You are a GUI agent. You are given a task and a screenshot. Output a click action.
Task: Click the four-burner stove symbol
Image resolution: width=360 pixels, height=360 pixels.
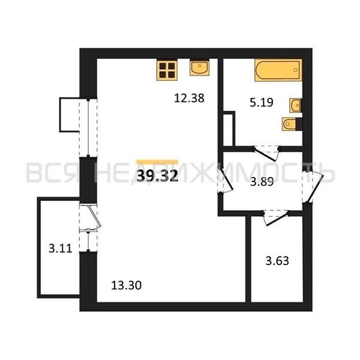click(167, 70)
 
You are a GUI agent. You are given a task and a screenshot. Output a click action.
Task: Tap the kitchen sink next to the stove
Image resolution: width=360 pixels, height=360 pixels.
click(199, 68)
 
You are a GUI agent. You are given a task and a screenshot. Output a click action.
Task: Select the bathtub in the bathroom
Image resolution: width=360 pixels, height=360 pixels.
click(279, 70)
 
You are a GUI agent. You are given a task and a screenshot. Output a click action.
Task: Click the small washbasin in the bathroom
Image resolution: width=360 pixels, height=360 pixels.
click(295, 105)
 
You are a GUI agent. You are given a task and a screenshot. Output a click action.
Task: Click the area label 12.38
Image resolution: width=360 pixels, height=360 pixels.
click(189, 98)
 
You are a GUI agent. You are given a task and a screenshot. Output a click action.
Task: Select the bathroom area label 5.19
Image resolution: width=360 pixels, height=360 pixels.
click(261, 103)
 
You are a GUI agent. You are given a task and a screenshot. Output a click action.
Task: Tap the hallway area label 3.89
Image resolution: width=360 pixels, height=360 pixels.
click(262, 182)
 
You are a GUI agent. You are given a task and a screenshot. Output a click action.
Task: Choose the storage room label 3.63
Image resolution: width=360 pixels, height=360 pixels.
click(277, 261)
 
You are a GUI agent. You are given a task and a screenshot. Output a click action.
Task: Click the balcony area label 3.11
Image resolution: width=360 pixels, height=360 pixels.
click(60, 248)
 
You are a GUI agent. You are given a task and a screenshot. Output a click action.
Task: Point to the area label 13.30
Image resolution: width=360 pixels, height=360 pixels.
click(126, 286)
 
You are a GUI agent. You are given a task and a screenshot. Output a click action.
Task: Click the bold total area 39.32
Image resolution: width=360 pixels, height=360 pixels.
click(158, 176)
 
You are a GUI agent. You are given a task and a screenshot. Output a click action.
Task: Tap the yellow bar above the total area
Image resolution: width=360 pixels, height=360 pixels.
click(157, 162)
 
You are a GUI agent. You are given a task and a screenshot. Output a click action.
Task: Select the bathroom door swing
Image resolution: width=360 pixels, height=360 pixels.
click(266, 154)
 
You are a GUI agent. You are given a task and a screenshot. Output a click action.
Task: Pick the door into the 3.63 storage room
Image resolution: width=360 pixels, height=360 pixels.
click(276, 217)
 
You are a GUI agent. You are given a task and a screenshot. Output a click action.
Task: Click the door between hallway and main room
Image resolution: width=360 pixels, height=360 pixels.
click(225, 179)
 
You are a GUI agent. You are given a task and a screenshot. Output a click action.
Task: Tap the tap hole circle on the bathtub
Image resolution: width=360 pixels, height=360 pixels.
click(295, 70)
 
